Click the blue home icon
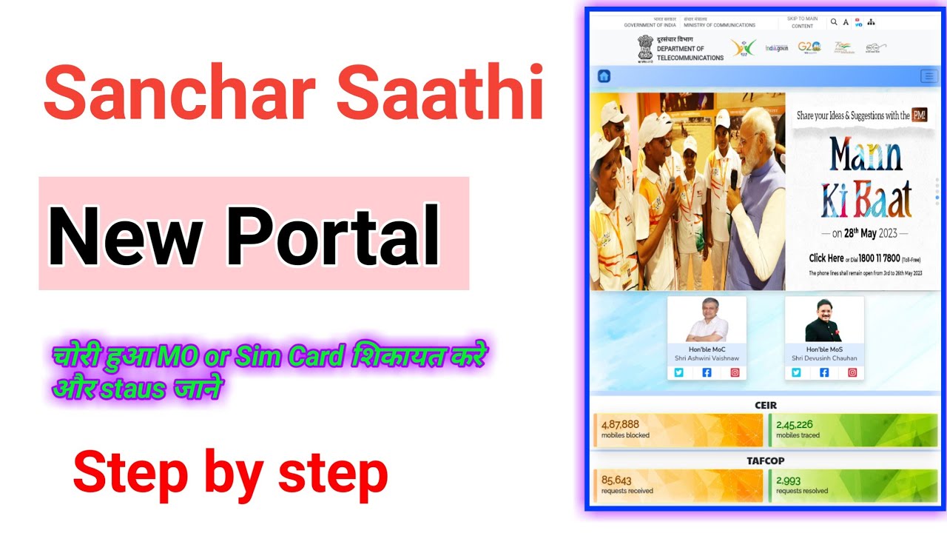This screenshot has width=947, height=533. pyautogui.click(x=604, y=76)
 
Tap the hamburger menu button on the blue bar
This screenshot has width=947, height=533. pyautogui.click(x=929, y=76)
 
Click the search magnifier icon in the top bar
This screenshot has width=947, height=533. pyautogui.click(x=835, y=22)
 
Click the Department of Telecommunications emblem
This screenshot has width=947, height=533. pyautogui.click(x=646, y=48)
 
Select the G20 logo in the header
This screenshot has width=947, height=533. pyautogui.click(x=809, y=47)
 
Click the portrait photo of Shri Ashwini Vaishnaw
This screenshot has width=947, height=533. pyautogui.click(x=707, y=321)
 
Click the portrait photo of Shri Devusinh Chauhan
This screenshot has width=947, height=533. pyautogui.click(x=824, y=321)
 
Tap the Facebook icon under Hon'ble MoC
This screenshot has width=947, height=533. pyautogui.click(x=707, y=372)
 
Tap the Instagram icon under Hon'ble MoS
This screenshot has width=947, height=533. pyautogui.click(x=852, y=372)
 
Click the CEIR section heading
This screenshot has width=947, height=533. pyautogui.click(x=766, y=405)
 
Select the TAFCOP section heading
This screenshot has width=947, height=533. pyautogui.click(x=766, y=460)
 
